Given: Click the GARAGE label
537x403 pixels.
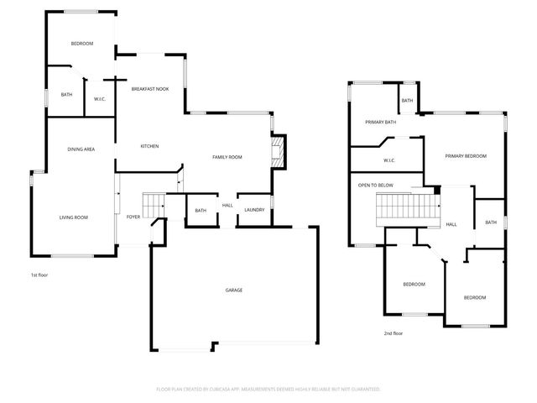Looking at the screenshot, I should click(x=233, y=290).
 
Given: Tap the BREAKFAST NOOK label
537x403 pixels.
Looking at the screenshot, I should click(x=150, y=88).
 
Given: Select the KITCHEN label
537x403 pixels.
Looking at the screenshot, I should click(x=149, y=146).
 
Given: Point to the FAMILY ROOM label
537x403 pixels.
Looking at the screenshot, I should click(x=227, y=157).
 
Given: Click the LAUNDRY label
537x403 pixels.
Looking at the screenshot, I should click(x=255, y=210).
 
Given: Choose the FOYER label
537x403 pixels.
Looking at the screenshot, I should click(x=133, y=217).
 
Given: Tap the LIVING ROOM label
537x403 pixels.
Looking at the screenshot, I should click(x=74, y=217).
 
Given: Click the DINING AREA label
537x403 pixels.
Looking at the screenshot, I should click(x=81, y=149).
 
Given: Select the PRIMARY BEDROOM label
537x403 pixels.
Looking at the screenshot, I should click(x=466, y=156).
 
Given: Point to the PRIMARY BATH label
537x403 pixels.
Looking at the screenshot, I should click(x=380, y=123).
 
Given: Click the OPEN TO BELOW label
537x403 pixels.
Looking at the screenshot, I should click(x=375, y=185).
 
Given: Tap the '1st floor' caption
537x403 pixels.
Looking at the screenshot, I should click(x=39, y=275).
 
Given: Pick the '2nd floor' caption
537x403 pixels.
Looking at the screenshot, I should click(x=394, y=333).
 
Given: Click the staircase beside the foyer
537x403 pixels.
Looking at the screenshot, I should click(x=153, y=205).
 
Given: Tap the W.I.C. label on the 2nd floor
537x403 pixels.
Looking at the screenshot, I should click(x=389, y=160).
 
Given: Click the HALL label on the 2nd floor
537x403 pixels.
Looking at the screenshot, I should click(x=451, y=224).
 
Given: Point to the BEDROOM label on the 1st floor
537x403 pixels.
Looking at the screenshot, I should click(x=81, y=44).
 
